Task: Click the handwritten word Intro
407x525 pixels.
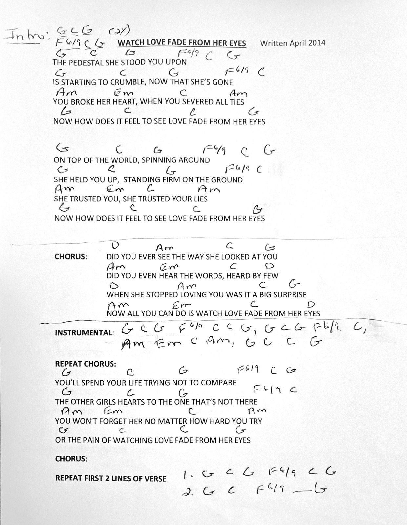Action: click(x=25, y=35)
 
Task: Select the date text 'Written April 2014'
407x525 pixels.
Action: click(x=292, y=43)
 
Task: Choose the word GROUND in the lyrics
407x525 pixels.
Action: click(x=228, y=180)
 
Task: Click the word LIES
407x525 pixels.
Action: click(x=200, y=199)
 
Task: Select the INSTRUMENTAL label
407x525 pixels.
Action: click(x=84, y=333)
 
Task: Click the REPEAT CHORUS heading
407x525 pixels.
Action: click(x=86, y=364)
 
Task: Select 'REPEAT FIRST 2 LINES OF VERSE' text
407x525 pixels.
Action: click(x=111, y=478)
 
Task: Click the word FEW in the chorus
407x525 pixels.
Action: click(x=271, y=276)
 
